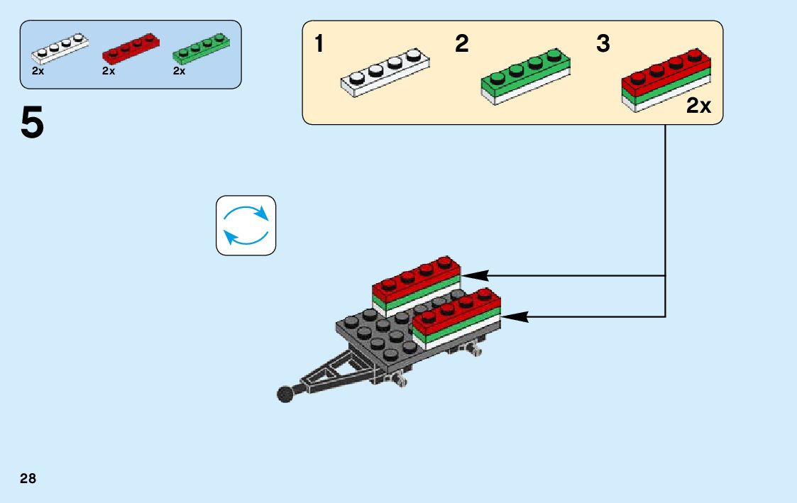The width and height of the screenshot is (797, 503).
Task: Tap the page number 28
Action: pyautogui.click(x=28, y=479)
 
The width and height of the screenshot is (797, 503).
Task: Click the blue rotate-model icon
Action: pyautogui.click(x=246, y=225)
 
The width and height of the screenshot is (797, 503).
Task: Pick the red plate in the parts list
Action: pyautogui.click(x=131, y=49)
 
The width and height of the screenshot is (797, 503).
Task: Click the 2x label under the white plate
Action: pyautogui.click(x=38, y=71)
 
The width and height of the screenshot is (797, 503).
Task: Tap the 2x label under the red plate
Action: pyautogui.click(x=109, y=71)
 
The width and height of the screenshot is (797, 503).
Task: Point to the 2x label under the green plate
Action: pyautogui.click(x=179, y=71)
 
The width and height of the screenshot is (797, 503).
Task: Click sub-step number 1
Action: pyautogui.click(x=319, y=45)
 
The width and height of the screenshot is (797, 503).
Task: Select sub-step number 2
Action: pyautogui.click(x=461, y=45)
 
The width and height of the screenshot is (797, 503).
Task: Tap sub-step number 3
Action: pyautogui.click(x=603, y=45)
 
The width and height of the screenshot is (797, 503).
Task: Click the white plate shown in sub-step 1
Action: pyautogui.click(x=386, y=73)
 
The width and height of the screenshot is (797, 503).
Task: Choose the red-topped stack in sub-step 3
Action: pyautogui.click(x=666, y=78)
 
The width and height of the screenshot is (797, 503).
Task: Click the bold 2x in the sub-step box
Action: pyautogui.click(x=698, y=106)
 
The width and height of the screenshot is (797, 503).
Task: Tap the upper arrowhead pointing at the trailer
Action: pyautogui.click(x=474, y=275)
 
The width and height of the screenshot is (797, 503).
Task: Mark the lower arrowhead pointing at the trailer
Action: pyautogui.click(x=515, y=316)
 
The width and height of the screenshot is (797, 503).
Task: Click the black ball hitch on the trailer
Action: pyautogui.click(x=285, y=394)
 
